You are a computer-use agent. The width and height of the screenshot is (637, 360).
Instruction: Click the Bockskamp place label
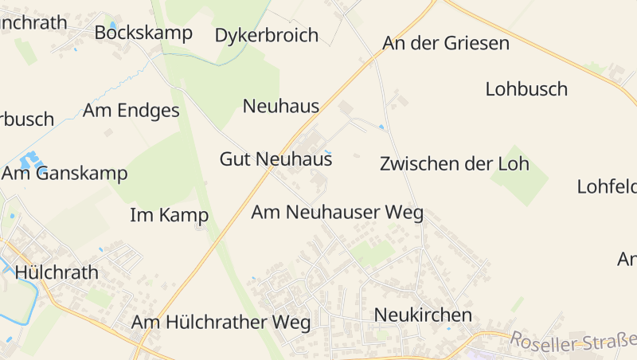pyautogui.click(x=143, y=33)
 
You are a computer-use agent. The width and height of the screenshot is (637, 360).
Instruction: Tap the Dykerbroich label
pyautogui.click(x=267, y=36)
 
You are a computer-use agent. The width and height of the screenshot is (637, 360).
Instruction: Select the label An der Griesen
pyautogui.click(x=446, y=43)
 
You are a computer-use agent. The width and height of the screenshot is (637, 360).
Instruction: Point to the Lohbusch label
pyautogui.click(x=526, y=88)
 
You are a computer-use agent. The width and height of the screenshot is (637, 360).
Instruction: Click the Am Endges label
pyautogui.click(x=131, y=111)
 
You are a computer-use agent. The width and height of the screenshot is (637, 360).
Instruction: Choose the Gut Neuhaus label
pyautogui.click(x=276, y=159)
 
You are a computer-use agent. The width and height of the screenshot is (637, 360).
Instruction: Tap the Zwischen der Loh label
pyautogui.click(x=455, y=164)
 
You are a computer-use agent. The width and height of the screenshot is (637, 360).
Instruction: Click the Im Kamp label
pyautogui.click(x=169, y=215)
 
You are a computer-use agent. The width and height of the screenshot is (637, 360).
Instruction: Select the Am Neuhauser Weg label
pyautogui.click(x=337, y=213)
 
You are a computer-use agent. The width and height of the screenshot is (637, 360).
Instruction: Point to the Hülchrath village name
pyautogui.click(x=57, y=272)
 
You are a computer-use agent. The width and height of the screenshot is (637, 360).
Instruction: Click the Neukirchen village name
pyautogui.click(x=423, y=315)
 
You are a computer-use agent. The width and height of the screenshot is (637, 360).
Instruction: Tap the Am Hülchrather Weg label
pyautogui.click(x=221, y=323)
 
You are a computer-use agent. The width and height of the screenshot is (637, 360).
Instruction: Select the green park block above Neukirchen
pyautogui.click(x=372, y=253)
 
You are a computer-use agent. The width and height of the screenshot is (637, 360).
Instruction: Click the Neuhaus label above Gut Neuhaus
pyautogui.click(x=281, y=106)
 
